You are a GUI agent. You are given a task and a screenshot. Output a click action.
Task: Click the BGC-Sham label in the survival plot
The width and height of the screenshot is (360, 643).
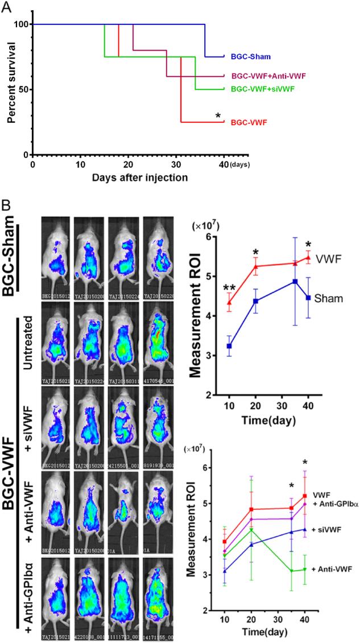pos(250,57)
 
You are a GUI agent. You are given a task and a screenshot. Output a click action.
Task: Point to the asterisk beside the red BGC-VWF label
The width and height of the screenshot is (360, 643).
pos(218,117)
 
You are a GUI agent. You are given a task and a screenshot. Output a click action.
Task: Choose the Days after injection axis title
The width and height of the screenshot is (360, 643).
pos(140,176)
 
